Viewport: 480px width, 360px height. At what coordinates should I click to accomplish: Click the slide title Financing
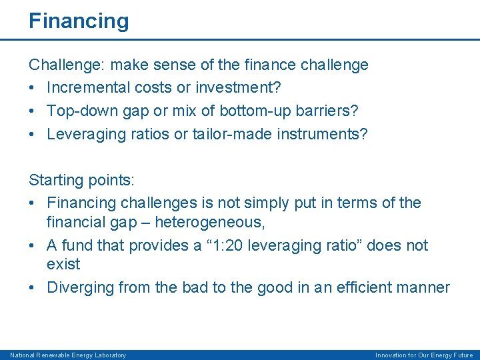[79, 21]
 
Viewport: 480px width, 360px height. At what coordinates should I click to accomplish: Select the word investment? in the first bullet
[226, 88]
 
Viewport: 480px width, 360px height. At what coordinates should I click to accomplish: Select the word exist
[63, 264]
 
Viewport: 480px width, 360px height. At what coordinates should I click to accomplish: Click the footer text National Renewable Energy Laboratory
[68, 355]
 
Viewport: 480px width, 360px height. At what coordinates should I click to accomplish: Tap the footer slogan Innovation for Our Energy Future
[424, 355]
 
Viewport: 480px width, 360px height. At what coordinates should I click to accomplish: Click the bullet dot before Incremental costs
[33, 88]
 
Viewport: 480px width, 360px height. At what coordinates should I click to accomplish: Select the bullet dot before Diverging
[33, 287]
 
